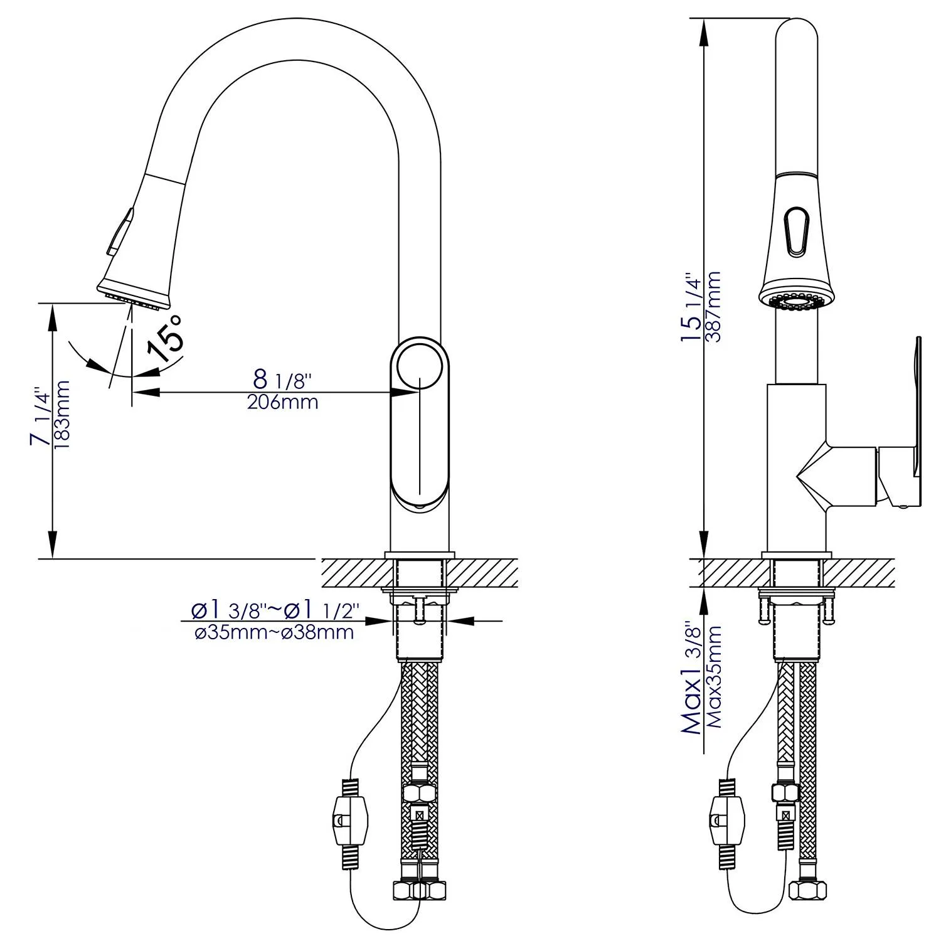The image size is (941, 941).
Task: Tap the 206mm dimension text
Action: coord(282,402)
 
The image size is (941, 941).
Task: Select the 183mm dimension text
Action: coord(62,415)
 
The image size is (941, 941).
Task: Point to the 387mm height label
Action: coord(713,306)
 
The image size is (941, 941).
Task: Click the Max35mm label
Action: coord(715,676)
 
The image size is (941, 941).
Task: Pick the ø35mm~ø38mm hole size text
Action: coord(274,632)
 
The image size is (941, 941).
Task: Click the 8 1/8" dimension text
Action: coord(283,379)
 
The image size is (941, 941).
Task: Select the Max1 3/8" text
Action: coord(692,678)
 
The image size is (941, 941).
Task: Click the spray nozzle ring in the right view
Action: coord(797,302)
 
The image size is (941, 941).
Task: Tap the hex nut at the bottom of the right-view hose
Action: coord(802,890)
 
